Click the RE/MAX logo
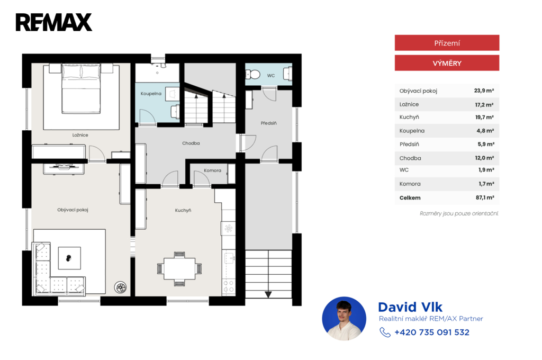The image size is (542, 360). coord(54,22)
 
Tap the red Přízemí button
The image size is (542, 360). coord(447,43)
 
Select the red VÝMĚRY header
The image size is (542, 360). coord(447,63)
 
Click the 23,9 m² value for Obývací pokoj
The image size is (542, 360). coord(484,91)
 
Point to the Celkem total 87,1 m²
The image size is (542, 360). coord(485,197)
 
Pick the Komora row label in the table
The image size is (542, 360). coord(410,184)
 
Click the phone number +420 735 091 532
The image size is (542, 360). coord(432,332)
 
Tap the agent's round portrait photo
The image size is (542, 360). coord(344,319)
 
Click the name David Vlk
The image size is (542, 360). coord(410,307)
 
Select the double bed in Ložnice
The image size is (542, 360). coord(81,89)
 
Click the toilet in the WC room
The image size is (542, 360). coord(252,74)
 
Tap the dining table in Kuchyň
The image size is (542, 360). coord(179,269)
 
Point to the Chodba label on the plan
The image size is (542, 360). coord(191,143)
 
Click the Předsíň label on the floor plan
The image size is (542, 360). coord(268,123)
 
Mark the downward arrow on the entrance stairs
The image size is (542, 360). coord(268,294)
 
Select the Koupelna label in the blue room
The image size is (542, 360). coord(151,94)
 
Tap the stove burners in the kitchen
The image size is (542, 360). coord(229,286)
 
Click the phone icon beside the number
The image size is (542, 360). coord(385,332)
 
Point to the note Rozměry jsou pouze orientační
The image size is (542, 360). coord(459,213)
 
